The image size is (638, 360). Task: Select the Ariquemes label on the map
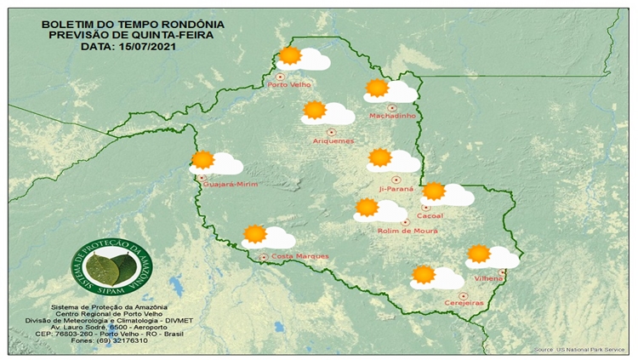click(x=333, y=140)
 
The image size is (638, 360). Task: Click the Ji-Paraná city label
click(x=396, y=189)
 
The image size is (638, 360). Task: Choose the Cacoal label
click(x=430, y=215)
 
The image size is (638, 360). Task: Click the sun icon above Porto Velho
click(x=290, y=56)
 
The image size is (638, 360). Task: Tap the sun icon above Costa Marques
click(x=254, y=234)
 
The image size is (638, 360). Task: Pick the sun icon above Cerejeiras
click(x=423, y=274)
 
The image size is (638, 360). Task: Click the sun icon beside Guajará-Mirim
click(x=202, y=159)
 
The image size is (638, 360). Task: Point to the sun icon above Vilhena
click(x=479, y=253)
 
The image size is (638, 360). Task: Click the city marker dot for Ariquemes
click(x=309, y=132)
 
